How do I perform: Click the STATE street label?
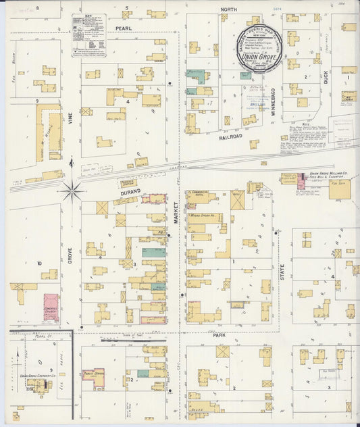pyautogui.click(x=282, y=272)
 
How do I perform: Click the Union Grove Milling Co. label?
pyautogui.click(x=327, y=174)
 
